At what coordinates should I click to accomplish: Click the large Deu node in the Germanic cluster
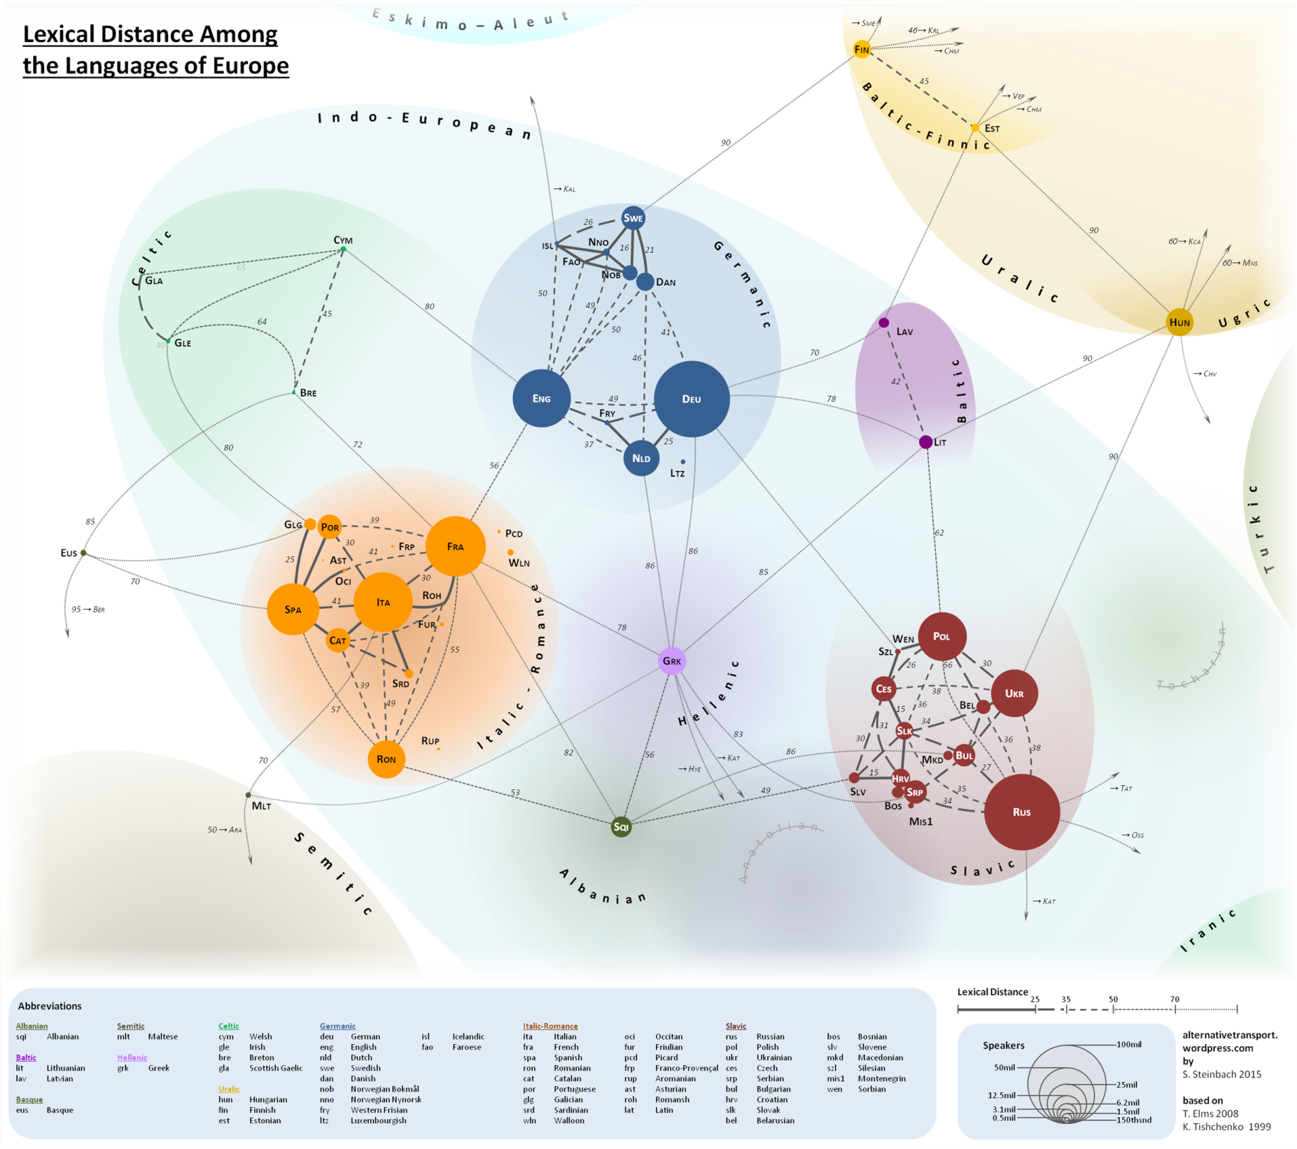[x=692, y=399]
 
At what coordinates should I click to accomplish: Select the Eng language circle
[x=541, y=398]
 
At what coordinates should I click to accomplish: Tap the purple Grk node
[x=672, y=661]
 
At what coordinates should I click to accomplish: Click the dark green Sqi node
[x=621, y=826]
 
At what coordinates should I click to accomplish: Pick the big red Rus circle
[x=1021, y=812]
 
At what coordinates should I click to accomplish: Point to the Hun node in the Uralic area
[x=1179, y=322]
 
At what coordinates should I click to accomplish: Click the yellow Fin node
[x=862, y=50]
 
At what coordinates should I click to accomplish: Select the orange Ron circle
[x=386, y=759]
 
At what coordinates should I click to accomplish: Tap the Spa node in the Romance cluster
[x=293, y=609]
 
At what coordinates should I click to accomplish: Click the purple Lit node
[x=925, y=442]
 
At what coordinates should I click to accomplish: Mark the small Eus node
[x=83, y=553]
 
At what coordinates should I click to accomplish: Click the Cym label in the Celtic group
[x=343, y=240]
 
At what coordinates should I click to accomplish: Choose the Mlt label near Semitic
[x=261, y=806]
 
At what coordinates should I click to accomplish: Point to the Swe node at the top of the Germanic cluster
[x=633, y=218]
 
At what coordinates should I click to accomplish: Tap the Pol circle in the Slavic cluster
[x=941, y=636]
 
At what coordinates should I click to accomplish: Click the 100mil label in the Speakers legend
[x=1128, y=1044]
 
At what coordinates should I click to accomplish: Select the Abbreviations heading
[x=50, y=1006]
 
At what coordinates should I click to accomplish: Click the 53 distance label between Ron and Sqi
[x=515, y=793]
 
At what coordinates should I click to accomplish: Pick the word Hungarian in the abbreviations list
[x=268, y=1099]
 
